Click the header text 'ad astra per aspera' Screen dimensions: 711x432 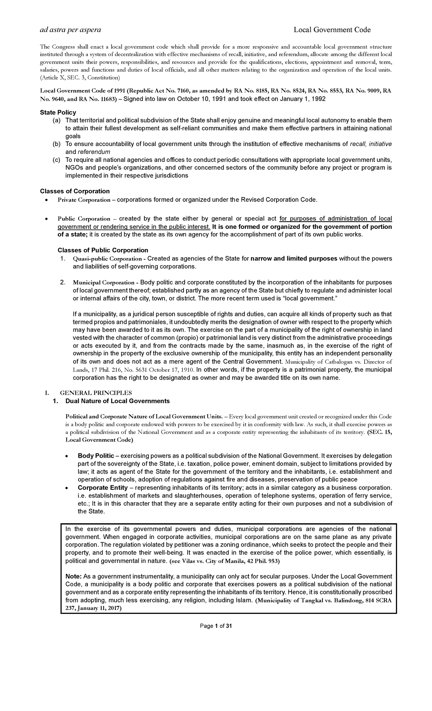tap(70, 30)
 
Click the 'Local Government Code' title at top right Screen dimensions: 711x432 tap(332, 30)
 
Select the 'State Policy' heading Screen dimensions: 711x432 tap(58, 112)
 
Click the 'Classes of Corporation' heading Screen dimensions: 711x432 tap(75, 191)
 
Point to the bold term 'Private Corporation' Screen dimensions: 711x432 tap(84, 200)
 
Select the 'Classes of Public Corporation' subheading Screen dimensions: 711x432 tap(103, 250)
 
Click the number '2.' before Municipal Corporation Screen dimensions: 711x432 tap(63, 282)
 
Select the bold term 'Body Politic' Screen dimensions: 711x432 tap(96, 456)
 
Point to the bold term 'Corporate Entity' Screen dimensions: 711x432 tap(103, 488)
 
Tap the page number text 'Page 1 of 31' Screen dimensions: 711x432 tap(216, 626)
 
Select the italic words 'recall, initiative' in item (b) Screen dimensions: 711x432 tap(371, 144)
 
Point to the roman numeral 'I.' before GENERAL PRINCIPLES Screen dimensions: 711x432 tap(42, 393)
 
